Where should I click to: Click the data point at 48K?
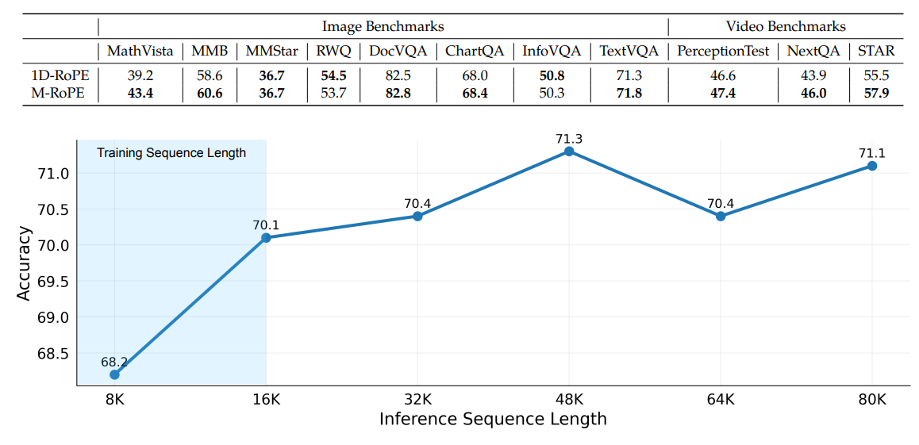568,151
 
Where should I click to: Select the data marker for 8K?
114,374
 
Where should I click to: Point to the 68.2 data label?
114,363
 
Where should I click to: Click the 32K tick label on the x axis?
417,399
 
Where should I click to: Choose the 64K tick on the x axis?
721,399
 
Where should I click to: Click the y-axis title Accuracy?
25,263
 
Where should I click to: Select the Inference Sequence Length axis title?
493,419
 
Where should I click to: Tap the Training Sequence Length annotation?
171,153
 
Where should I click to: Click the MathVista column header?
140,52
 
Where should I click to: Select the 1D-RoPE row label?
57,76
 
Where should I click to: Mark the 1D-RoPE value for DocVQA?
397,76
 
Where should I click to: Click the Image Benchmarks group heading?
383,27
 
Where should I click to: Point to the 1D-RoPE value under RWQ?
332,76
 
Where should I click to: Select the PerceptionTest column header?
723,52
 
